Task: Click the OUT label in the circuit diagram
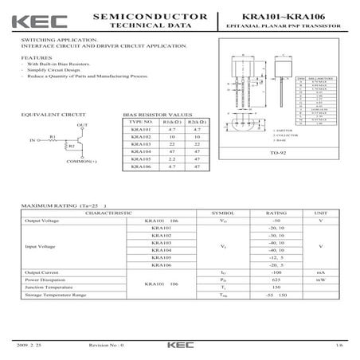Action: click(82, 125)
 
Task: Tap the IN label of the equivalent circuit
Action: click(32, 141)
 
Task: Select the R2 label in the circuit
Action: click(71, 147)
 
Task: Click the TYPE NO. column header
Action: click(140, 122)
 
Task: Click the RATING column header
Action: click(276, 214)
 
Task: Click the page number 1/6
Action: click(338, 346)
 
